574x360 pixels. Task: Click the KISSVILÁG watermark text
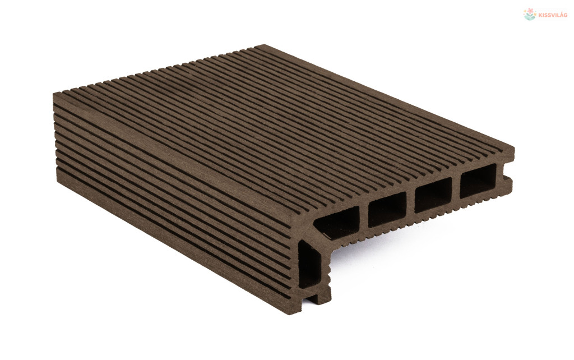553,15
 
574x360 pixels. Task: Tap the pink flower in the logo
530,12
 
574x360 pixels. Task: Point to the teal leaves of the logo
530,17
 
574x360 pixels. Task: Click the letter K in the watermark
540,15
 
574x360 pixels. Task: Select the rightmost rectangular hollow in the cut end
478,181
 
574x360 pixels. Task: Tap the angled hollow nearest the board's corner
337,221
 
